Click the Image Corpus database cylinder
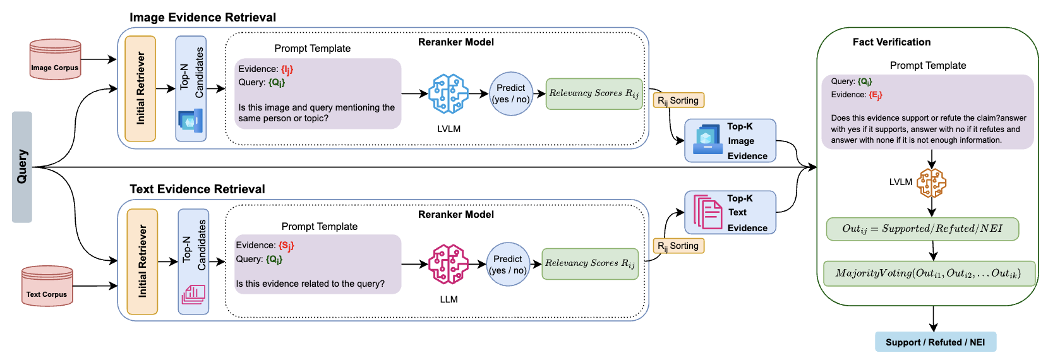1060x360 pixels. tap(55, 59)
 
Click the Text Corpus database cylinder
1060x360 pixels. tap(47, 286)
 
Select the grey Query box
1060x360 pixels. tap(22, 167)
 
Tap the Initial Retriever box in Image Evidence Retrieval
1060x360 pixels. tap(140, 88)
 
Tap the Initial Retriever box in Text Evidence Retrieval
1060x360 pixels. tap(142, 261)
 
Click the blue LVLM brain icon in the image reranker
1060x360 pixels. tap(449, 93)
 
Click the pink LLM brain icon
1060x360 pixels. tap(449, 264)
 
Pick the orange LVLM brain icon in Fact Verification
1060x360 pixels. tap(932, 183)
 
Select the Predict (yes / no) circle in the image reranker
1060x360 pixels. tap(511, 93)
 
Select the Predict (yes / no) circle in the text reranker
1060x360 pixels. tap(508, 265)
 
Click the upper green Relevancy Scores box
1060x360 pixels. tap(594, 93)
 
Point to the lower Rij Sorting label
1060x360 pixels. tap(678, 246)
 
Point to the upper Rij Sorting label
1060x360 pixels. tap(678, 100)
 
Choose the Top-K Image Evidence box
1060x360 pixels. tap(730, 141)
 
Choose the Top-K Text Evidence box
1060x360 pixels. tap(730, 213)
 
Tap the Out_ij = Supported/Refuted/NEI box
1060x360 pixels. tap(922, 229)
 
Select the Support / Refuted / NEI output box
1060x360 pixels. tap(935, 342)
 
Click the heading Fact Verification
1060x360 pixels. tap(891, 42)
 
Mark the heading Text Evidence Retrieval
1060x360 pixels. tap(197, 189)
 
